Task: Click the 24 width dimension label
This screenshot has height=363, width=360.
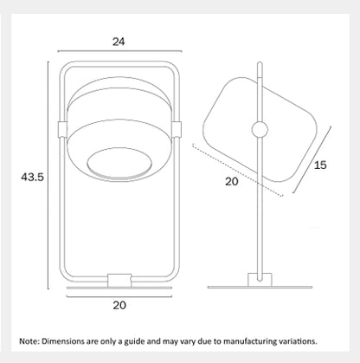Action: pyautogui.click(x=119, y=42)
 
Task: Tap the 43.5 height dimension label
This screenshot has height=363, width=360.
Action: pyautogui.click(x=32, y=177)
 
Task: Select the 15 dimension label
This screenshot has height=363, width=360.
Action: pyautogui.click(x=320, y=165)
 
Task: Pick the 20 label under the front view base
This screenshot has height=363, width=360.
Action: pyautogui.click(x=119, y=305)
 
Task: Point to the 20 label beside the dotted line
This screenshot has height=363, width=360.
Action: pyautogui.click(x=232, y=182)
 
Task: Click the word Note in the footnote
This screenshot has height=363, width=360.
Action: pyautogui.click(x=29, y=341)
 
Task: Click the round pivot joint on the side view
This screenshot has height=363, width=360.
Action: pyautogui.click(x=260, y=130)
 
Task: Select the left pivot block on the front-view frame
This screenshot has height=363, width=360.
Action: pyautogui.click(x=62, y=129)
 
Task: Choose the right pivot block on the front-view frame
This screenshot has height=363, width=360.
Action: pyautogui.click(x=177, y=129)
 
